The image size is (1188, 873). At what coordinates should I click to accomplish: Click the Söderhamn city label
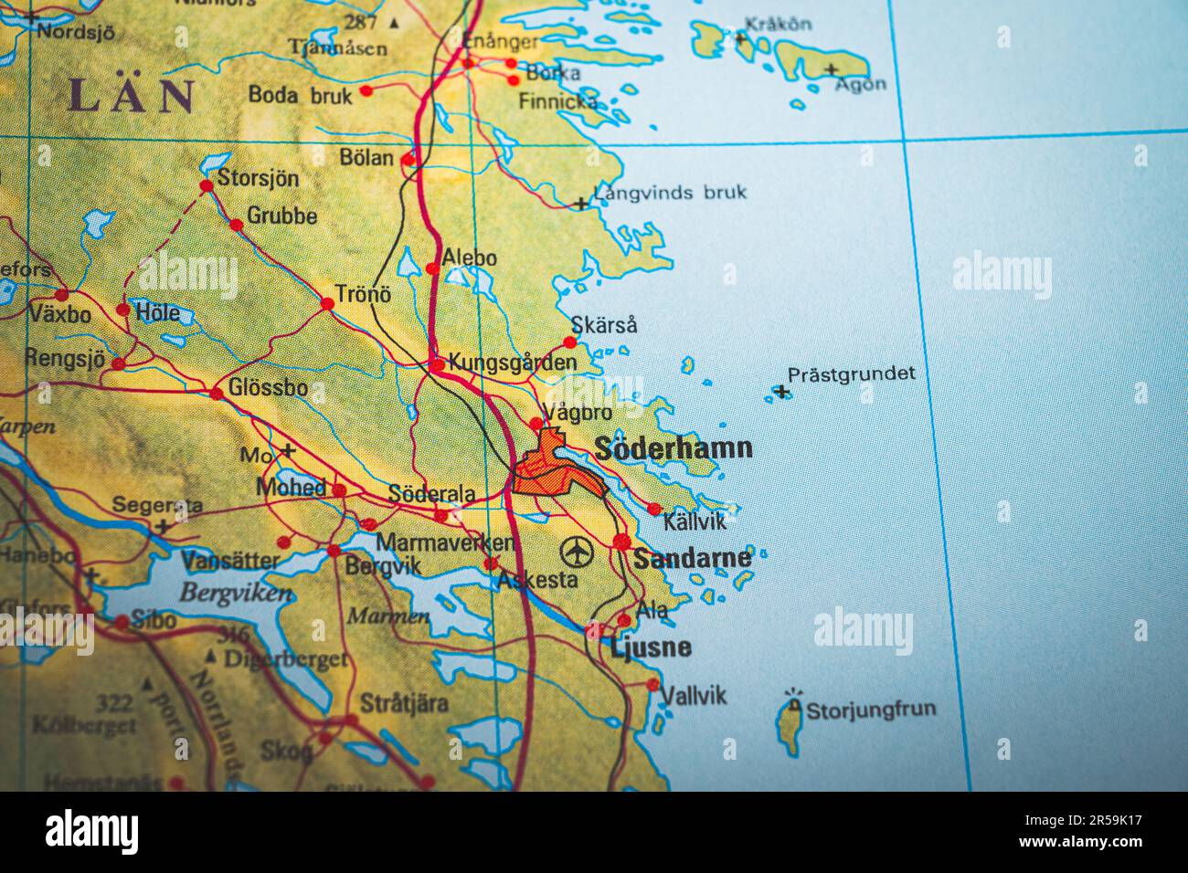coord(674,448)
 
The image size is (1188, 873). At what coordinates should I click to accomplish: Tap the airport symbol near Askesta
coord(577,552)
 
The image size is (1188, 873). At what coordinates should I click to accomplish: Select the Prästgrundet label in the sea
coord(851,373)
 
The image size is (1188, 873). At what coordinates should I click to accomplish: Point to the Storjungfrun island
coord(788,726)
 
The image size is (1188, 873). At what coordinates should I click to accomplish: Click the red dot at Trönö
coord(327,303)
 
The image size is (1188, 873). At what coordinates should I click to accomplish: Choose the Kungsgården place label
coord(512,363)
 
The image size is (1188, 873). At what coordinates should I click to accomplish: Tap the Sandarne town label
coord(692,558)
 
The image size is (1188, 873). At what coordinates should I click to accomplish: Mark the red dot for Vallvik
coord(652,684)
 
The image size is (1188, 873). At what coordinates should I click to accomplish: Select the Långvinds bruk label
coord(670,193)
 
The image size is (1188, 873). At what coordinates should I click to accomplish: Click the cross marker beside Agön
coord(831,69)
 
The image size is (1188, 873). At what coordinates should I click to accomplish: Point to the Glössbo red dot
coord(217,394)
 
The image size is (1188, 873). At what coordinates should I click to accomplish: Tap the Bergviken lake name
coord(235,593)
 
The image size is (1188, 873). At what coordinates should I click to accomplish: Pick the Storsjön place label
coord(258,178)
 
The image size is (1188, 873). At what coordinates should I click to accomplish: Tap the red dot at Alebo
coord(432,268)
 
